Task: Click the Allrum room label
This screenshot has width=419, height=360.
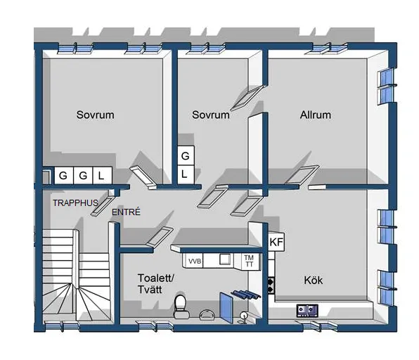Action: (x=316, y=115)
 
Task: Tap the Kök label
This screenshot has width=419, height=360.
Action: (x=313, y=281)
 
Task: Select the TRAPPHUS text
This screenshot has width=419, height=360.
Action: (x=75, y=203)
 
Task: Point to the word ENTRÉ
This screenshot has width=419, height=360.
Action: (x=126, y=212)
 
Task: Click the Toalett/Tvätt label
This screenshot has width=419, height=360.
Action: (x=156, y=284)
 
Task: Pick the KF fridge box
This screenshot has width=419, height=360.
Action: (x=276, y=242)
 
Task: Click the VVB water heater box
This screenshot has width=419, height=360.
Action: (x=195, y=261)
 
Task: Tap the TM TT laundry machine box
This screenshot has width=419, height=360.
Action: (x=249, y=261)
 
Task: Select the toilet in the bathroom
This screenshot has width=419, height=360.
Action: (x=181, y=307)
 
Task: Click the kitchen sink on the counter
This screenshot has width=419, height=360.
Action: (x=307, y=311)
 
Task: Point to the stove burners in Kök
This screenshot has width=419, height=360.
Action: (x=271, y=285)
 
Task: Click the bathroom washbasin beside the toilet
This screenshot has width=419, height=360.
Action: (x=207, y=314)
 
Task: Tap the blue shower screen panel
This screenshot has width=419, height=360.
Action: (x=226, y=308)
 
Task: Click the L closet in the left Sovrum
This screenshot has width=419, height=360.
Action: (x=102, y=176)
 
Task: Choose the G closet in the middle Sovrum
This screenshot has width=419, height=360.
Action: (x=186, y=155)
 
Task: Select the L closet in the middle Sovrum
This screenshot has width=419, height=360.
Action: (x=186, y=174)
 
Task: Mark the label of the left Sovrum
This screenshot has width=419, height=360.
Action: (x=96, y=115)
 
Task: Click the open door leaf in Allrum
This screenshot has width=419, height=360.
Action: (x=302, y=174)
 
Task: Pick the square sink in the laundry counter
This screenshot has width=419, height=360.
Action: (x=225, y=259)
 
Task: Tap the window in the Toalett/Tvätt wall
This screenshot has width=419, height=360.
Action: (x=155, y=326)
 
